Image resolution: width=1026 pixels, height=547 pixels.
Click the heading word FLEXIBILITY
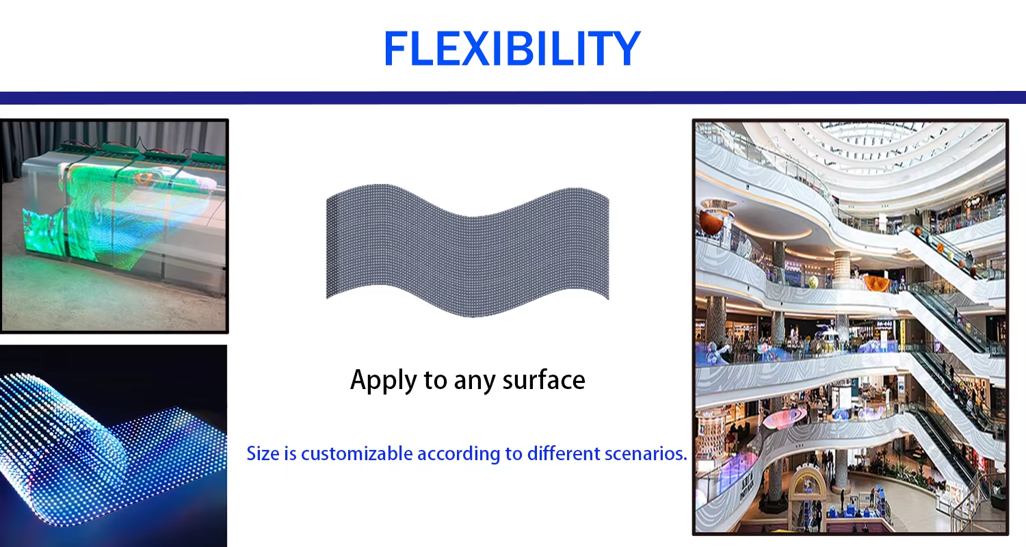tap(512, 49)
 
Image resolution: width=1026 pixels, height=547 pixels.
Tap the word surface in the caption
tap(544, 379)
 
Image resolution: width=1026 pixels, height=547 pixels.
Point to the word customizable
tap(357, 453)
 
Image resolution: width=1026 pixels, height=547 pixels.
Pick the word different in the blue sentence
tap(564, 453)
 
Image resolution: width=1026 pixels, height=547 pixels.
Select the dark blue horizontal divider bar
tap(513, 98)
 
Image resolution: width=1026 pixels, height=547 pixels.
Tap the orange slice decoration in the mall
tap(877, 283)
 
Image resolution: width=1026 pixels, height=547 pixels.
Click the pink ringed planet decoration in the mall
tap(784, 417)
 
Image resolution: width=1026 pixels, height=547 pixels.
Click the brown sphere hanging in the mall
tap(711, 223)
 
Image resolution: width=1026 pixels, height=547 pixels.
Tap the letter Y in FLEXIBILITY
tap(624, 49)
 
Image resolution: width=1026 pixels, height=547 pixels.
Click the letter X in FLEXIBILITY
tap(475, 49)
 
